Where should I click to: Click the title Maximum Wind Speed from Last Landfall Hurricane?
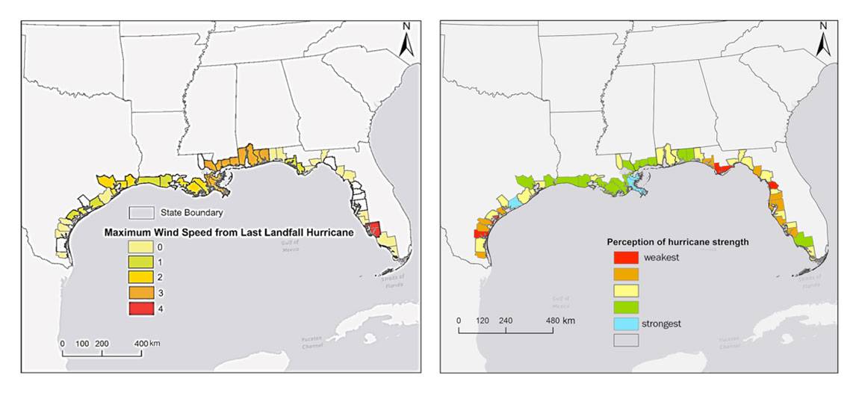(227, 232)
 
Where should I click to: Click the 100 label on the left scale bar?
(82, 344)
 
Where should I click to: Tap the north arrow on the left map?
(406, 41)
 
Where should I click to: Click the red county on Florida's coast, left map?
(376, 229)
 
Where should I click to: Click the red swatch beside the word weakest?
(626, 258)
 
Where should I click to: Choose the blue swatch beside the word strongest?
(626, 324)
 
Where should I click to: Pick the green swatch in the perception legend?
(626, 307)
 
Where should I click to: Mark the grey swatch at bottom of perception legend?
(626, 340)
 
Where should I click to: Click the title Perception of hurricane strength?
(677, 242)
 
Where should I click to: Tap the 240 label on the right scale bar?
(506, 321)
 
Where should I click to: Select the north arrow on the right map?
(824, 41)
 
